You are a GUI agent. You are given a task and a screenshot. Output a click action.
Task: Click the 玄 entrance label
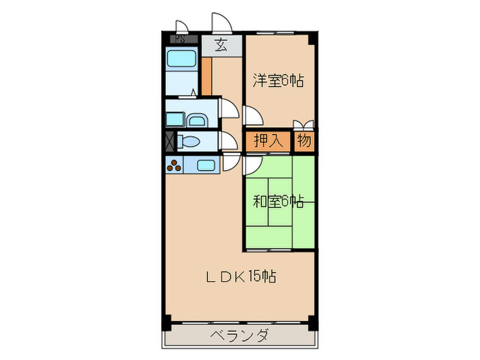click(x=221, y=45)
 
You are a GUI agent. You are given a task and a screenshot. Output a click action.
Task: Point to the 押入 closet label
click(x=268, y=141)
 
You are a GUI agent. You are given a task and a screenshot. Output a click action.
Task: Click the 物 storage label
click(x=304, y=141)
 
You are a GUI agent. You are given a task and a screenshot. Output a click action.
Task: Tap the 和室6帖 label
click(x=278, y=202)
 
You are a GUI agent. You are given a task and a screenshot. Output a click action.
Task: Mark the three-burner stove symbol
click(x=175, y=165)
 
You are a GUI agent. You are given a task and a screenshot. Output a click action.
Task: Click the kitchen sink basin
click(x=205, y=165)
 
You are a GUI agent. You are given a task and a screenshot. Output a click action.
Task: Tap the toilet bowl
click(x=189, y=143)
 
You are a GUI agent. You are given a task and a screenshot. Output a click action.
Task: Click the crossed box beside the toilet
click(x=170, y=143)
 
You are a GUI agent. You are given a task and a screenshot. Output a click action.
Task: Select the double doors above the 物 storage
click(x=304, y=125)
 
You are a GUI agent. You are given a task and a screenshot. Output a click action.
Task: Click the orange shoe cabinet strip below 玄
click(x=206, y=75)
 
